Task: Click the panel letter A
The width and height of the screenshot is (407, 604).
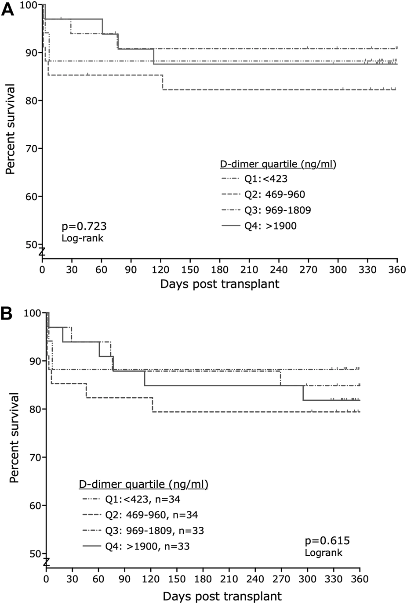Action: pyautogui.click(x=8, y=10)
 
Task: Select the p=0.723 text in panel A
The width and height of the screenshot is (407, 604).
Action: pyautogui.click(x=84, y=227)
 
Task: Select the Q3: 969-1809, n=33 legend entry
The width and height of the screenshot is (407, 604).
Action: pyautogui.click(x=154, y=530)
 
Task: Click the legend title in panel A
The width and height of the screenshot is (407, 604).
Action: pyautogui.click(x=278, y=165)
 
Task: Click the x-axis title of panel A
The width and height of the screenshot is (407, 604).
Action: pyautogui.click(x=219, y=284)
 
